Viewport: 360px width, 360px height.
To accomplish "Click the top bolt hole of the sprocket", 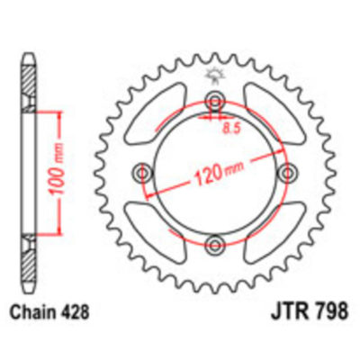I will point(215,100).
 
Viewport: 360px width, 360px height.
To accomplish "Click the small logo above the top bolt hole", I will point(215,76).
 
